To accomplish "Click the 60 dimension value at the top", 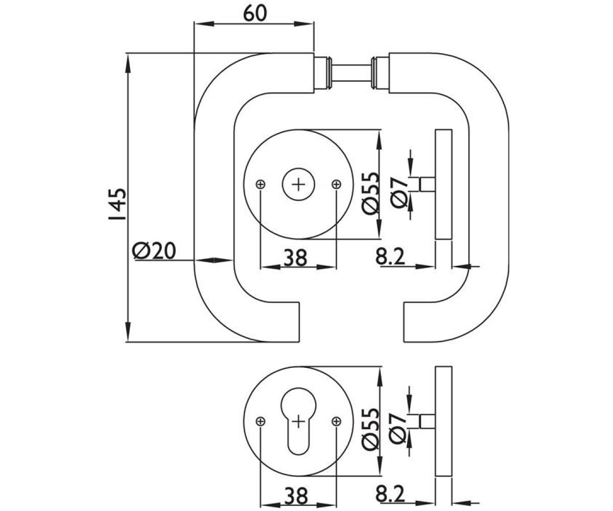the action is pos(255,13).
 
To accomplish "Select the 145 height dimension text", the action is pos(117,204).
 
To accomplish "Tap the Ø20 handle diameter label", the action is pos(154,251).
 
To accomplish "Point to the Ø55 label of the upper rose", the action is pos(371,193).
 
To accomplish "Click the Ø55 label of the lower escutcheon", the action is pos(371,429).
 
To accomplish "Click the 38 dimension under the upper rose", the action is pos(296,258).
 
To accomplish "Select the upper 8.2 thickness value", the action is pos(390,257).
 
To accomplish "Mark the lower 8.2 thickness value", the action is pos(390,494).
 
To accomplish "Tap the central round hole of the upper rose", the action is pos(298,184).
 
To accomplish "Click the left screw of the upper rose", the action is pos(261,184).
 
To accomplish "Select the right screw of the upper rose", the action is pos(336,184).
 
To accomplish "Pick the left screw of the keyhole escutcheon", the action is pos(261,422).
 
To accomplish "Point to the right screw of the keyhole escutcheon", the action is pos(336,422).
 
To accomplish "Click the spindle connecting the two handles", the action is pos(351,73).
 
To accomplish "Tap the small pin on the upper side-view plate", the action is pos(427,184).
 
